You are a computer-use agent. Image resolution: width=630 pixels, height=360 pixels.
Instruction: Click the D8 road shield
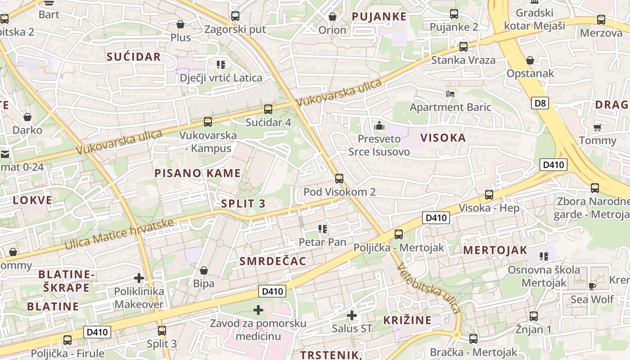pyautogui.click(x=540, y=103)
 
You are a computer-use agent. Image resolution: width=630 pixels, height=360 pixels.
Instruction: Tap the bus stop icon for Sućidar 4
pyautogui.click(x=268, y=109)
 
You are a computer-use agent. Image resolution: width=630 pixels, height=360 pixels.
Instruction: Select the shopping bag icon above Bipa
pyautogui.click(x=204, y=270)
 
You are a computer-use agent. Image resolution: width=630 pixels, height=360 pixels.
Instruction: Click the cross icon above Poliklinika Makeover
pyautogui.click(x=139, y=278)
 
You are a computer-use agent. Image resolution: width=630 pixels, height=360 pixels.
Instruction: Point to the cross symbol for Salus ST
pyautogui.click(x=352, y=315)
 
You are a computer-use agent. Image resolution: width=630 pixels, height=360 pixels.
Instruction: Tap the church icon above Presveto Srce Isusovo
pyautogui.click(x=379, y=126)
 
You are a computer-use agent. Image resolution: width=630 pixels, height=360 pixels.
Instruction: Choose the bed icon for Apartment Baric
pyautogui.click(x=450, y=94)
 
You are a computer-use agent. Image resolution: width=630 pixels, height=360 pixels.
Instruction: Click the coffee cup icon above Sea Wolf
pyautogui.click(x=592, y=286)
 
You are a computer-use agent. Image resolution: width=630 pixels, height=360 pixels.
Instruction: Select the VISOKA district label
pyautogui.click(x=443, y=138)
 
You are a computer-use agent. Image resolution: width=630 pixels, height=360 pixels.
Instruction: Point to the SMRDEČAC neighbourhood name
pyautogui.click(x=273, y=261)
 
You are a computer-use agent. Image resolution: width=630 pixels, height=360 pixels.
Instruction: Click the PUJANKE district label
pyautogui.click(x=379, y=17)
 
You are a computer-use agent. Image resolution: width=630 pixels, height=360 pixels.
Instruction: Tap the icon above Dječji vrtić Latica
pyautogui.click(x=220, y=65)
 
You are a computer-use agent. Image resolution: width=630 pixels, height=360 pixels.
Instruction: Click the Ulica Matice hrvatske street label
pyautogui.click(x=119, y=234)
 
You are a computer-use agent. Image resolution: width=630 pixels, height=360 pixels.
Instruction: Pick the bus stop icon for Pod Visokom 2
pyautogui.click(x=339, y=179)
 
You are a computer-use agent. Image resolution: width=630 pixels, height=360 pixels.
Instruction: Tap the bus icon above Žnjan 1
pyautogui.click(x=534, y=316)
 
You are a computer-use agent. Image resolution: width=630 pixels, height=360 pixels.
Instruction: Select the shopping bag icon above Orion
pyautogui.click(x=333, y=17)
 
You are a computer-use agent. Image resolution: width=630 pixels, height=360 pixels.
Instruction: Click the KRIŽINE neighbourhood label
pyautogui.click(x=407, y=320)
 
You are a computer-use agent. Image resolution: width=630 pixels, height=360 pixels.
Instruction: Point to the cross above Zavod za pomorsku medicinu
pyautogui.click(x=258, y=310)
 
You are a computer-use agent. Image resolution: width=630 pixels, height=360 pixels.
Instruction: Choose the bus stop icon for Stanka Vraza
pyautogui.click(x=463, y=47)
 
